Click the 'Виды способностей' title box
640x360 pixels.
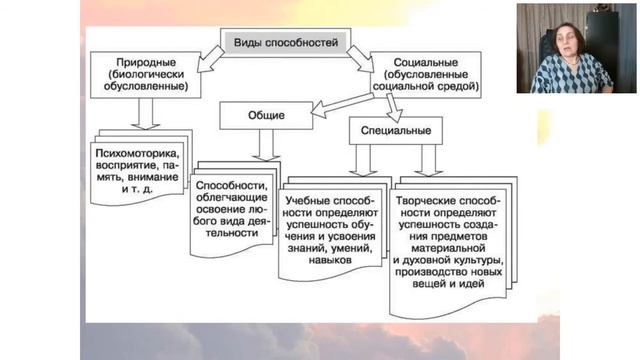click(x=285, y=44)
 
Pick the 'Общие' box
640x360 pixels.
click(x=267, y=116)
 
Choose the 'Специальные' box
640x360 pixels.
click(x=396, y=130)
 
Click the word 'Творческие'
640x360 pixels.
click(x=428, y=186)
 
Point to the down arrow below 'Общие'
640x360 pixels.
click(x=267, y=146)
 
